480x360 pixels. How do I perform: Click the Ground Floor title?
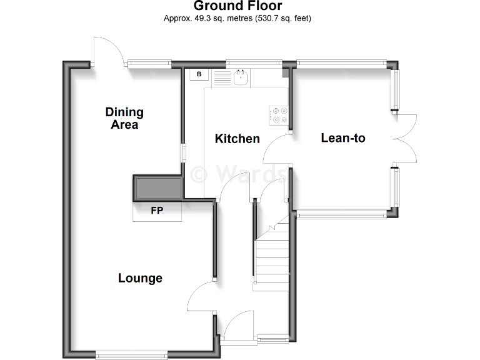click(x=237, y=6)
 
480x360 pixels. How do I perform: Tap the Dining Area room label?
click(x=124, y=118)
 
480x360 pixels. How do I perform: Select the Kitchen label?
click(x=237, y=138)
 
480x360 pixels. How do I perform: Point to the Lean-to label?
click(x=342, y=137)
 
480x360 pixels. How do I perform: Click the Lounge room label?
click(x=140, y=278)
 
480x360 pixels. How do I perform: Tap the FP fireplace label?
click(x=156, y=211)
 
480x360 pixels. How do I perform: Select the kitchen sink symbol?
click(x=241, y=78)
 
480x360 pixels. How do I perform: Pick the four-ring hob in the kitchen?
click(x=279, y=114)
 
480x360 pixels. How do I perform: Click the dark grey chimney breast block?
click(x=157, y=187)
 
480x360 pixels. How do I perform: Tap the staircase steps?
click(x=270, y=256)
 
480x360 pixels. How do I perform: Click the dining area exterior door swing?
click(x=106, y=50)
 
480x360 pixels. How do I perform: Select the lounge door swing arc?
click(x=201, y=297)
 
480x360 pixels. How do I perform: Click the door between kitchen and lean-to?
click(x=277, y=150)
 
